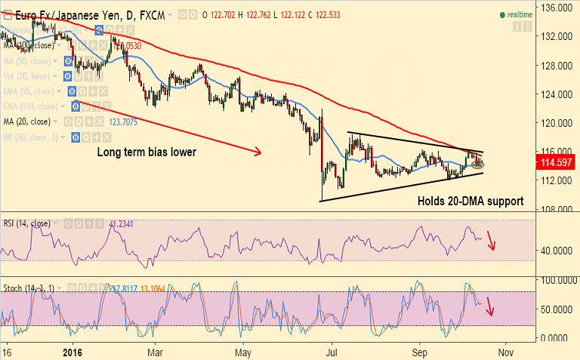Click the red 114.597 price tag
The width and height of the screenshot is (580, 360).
554,162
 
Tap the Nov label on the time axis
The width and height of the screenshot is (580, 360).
505,352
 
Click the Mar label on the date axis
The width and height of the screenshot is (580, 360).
156,352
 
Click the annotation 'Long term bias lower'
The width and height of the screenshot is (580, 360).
147,152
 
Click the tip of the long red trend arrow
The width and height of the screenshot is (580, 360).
261,153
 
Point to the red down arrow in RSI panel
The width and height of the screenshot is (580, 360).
492,242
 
